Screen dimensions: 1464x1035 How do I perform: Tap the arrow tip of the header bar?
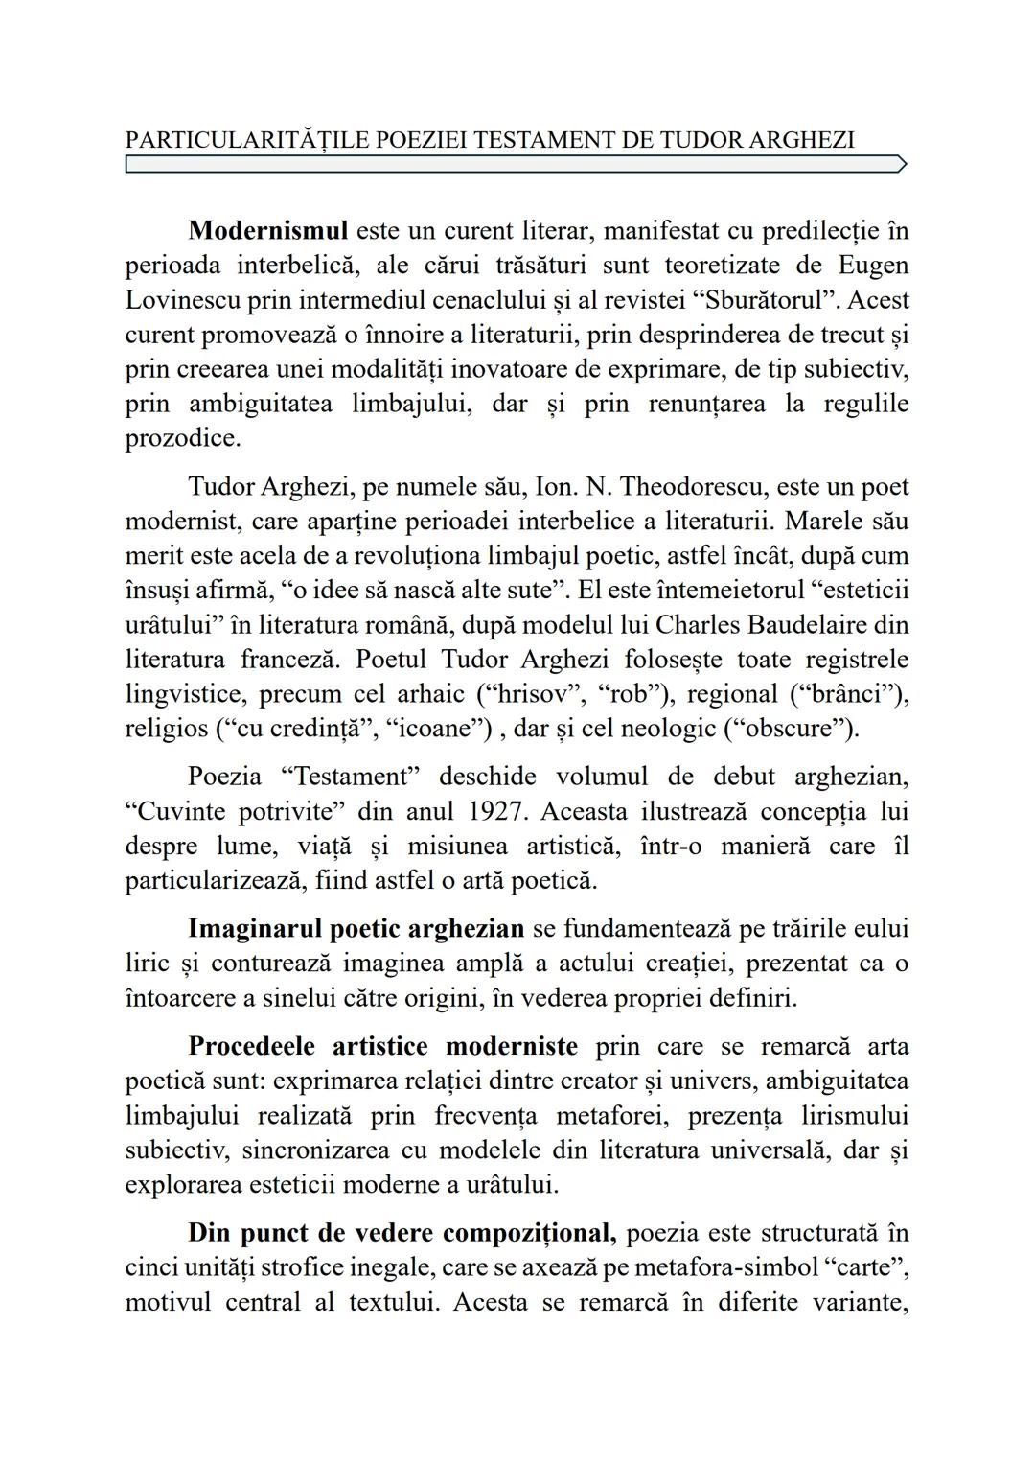901,165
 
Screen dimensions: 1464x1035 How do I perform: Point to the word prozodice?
183,438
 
